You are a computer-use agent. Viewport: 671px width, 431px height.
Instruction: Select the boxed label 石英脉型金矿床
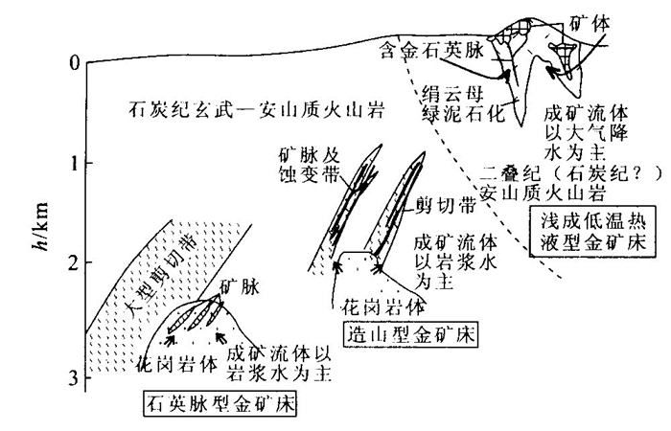(x=219, y=404)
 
